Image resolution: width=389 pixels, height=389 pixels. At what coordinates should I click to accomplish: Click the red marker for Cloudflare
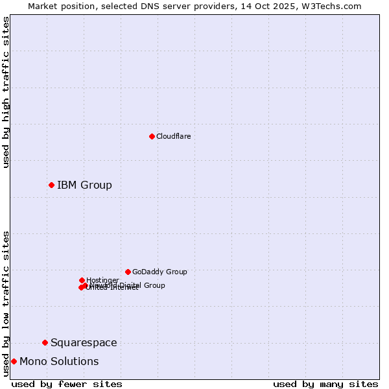coord(152,136)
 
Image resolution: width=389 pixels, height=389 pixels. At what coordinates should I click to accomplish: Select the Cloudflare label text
coord(174,136)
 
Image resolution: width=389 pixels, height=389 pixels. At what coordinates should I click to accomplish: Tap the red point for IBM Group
coord(51,185)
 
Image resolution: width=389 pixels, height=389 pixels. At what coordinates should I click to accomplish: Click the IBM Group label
coord(84,185)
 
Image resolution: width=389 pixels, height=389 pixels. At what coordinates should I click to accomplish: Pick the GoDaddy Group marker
coord(128,272)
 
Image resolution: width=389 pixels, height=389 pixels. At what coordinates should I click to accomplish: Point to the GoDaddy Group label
coord(159,272)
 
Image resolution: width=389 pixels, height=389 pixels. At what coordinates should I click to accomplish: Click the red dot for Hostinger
coord(82,280)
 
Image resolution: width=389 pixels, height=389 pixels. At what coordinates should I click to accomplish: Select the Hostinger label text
coord(102,280)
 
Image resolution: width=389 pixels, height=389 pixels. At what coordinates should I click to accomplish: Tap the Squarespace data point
coord(45,342)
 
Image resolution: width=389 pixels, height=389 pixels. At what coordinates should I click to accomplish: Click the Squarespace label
coord(84,343)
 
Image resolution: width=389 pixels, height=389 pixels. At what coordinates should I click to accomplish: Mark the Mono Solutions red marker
coord(14,361)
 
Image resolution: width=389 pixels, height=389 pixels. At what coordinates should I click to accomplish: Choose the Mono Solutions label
coord(59,362)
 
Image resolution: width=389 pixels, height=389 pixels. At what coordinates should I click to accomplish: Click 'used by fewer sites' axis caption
coord(67,384)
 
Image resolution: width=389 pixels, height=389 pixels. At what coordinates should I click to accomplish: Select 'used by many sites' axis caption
coord(325,384)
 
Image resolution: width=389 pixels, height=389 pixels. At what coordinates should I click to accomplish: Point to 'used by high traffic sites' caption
coord(6,92)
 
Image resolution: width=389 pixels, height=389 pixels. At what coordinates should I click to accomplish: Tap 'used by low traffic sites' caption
coord(6,303)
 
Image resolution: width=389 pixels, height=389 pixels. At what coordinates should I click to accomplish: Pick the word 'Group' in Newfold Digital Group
coord(154,285)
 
